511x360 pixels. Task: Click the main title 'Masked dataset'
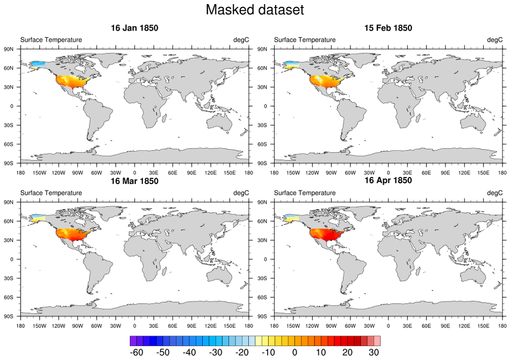click(255, 10)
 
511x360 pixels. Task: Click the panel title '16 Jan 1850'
click(134, 28)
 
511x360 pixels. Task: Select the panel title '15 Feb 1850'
click(388, 28)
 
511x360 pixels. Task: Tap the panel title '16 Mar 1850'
click(134, 181)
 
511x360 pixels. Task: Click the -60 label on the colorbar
click(136, 352)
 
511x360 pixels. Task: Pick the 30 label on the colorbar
click(374, 352)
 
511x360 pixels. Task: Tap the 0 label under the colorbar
click(295, 352)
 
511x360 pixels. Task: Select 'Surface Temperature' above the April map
click(304, 193)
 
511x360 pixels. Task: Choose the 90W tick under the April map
click(331, 326)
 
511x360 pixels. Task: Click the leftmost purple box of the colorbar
click(133, 341)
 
